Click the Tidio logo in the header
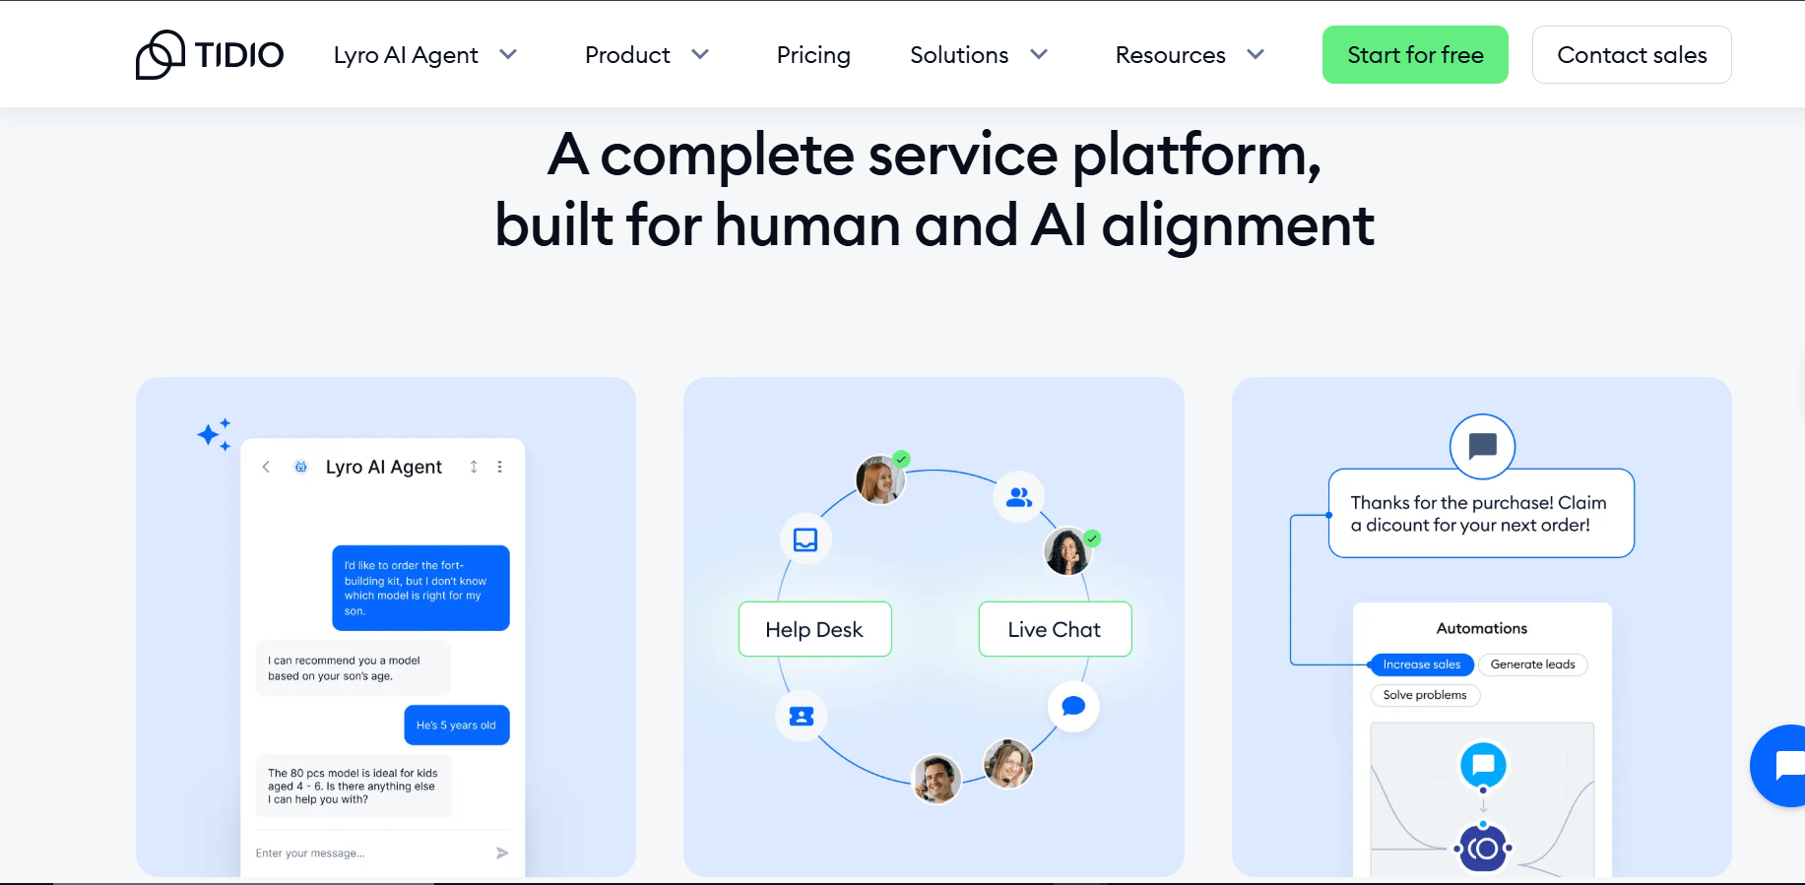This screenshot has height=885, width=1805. pos(210,55)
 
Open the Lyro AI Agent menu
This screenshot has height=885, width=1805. pos(424,55)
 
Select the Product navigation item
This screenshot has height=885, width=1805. pos(646,55)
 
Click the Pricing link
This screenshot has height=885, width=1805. pos(813,55)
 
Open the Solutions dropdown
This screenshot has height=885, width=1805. pos(978,55)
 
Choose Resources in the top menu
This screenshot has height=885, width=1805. pos(1189,55)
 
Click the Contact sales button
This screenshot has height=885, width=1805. pos(1632,55)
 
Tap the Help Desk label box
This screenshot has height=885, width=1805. pos(814,629)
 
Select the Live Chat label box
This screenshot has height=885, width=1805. pos(1055,629)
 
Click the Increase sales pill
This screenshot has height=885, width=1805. pos(1421,664)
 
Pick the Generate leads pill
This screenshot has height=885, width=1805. pos(1532,664)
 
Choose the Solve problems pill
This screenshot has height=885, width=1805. pos(1425,695)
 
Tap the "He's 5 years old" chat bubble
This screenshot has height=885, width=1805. pos(456,726)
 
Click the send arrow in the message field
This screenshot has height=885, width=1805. pos(502,853)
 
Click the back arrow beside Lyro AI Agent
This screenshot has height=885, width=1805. pos(266,467)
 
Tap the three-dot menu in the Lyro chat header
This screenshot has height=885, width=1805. pos(500,467)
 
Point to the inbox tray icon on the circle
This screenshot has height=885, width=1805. pos(806,539)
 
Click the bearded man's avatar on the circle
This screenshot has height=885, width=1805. pos(936,780)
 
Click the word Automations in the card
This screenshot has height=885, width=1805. pos(1482,628)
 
